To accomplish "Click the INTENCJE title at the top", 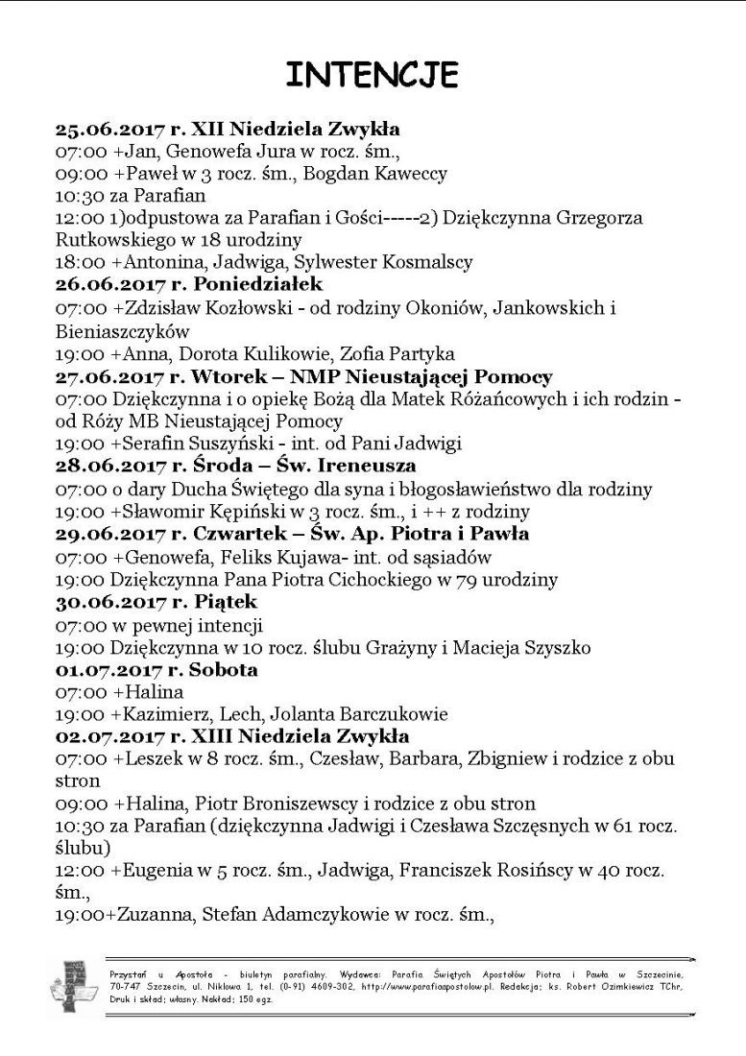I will click(x=373, y=73).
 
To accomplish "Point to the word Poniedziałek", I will click(x=258, y=285).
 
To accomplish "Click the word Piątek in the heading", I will click(x=226, y=602).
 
